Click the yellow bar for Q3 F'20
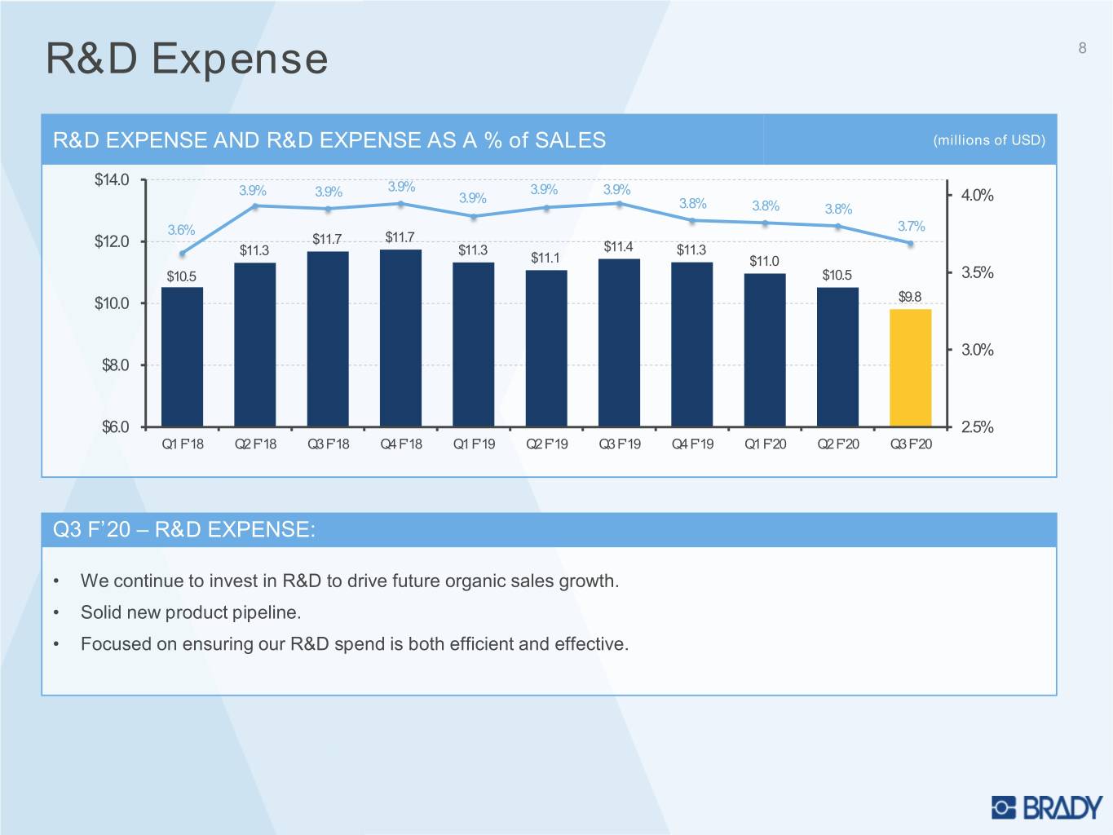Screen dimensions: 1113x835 coord(910,368)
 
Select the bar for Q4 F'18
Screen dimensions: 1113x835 coord(400,338)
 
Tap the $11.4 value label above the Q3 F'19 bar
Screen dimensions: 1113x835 coord(618,247)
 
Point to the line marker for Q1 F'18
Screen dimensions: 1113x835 coord(183,254)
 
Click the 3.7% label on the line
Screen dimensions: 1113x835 coord(911,226)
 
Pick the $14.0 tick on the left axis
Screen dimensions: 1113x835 coord(112,180)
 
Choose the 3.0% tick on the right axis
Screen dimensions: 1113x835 coord(977,350)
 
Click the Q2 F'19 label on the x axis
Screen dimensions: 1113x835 coord(546,444)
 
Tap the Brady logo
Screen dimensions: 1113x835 coord(1047,807)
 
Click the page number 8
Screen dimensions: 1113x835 coord(1082,48)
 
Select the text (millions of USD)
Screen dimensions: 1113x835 coord(989,140)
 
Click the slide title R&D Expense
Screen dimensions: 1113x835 coord(187,59)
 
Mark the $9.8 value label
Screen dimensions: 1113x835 coord(910,297)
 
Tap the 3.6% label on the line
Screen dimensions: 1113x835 coord(181,230)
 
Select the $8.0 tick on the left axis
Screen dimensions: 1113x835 coord(115,365)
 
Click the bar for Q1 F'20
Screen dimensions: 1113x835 coord(765,350)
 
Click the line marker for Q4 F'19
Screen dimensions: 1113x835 coord(692,220)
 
